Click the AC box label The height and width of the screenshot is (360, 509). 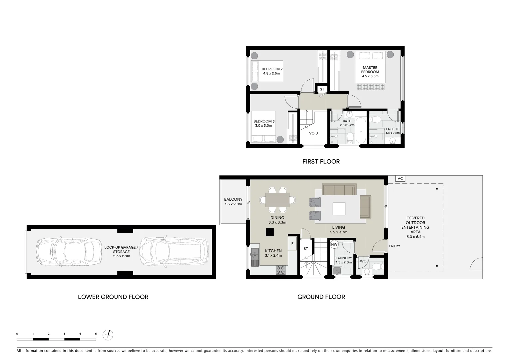coord(400,179)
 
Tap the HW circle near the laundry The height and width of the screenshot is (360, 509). coord(334,245)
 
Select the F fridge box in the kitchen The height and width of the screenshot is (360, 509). coord(292,244)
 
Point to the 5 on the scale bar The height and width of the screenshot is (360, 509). coord(96,333)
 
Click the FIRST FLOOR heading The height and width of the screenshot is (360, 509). coord(321,162)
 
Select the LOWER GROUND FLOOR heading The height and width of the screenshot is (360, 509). coord(113,297)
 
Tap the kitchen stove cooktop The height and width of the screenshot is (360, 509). coord(280,270)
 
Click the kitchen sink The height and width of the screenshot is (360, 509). coord(255,257)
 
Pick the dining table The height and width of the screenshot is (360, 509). coord(277,200)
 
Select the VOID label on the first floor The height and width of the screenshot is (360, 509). coord(313,133)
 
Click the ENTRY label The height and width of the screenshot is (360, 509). coord(394,246)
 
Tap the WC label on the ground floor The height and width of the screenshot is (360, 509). coord(363,261)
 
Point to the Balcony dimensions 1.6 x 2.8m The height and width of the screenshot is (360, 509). coord(233,204)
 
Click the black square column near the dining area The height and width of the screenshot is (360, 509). coord(269,232)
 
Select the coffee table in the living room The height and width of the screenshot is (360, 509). coord(339,209)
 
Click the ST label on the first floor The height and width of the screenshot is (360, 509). coord(322,89)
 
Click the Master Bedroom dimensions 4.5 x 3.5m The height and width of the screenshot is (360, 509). coord(370,76)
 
